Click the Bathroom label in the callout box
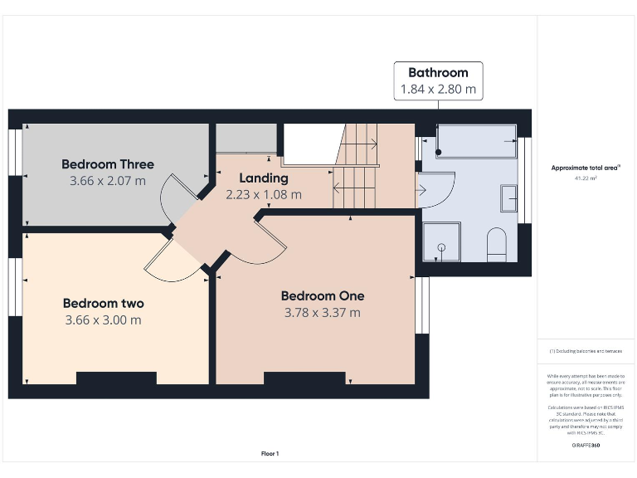coord(438,73)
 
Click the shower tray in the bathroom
coord(440,244)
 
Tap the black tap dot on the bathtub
coord(440,153)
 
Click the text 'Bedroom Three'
coord(108,164)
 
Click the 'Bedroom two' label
coord(104,304)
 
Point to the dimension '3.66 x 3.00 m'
coord(103,319)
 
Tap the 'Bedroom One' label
coord(323,296)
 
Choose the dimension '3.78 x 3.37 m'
coord(323,313)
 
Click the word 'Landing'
coord(264,178)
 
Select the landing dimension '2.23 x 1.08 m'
coord(264,194)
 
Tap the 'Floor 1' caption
coord(270,453)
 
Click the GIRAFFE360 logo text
coord(586,446)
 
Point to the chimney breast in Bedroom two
coord(116,378)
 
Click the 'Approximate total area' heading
coord(586,168)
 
